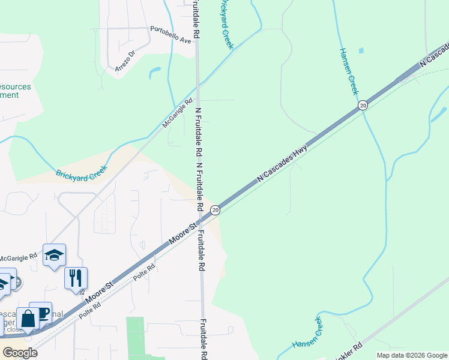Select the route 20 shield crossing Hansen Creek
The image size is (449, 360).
click(363, 106)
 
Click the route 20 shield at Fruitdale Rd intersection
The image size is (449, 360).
click(215, 210)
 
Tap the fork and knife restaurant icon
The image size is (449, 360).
click(76, 277)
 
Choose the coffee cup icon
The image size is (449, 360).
click(42, 313)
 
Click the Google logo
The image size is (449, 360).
click(19, 353)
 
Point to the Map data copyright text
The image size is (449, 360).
click(411, 355)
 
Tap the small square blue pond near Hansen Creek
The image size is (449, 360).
click(360, 51)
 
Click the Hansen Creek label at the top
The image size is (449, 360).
click(348, 71)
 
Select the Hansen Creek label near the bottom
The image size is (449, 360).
click(307, 335)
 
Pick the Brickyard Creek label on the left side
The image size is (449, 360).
click(81, 174)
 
